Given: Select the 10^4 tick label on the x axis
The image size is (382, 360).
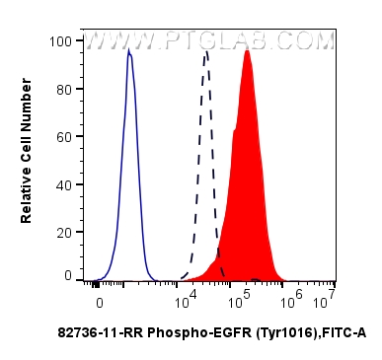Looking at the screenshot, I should pos(186,297).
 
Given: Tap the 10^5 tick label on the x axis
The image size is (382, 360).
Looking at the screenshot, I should pos(240,297).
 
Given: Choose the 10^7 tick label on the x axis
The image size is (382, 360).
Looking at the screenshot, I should pos(327,297).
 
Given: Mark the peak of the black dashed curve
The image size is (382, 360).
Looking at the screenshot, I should pos(205,51).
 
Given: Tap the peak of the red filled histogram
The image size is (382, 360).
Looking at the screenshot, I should pos(247,51).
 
